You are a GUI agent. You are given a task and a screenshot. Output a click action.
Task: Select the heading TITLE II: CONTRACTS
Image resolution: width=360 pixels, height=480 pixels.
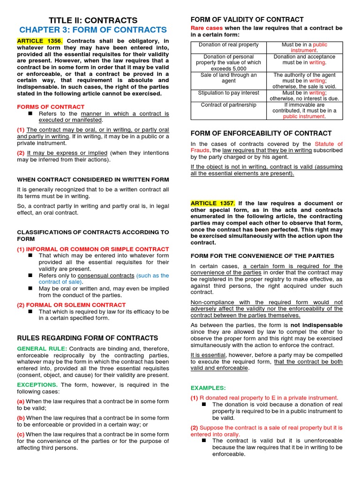[94, 20]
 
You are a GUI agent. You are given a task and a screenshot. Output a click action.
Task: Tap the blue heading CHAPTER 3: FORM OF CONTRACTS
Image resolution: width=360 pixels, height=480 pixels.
[93, 30]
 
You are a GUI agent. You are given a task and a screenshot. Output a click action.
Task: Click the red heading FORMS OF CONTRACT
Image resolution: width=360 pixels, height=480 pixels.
[51, 107]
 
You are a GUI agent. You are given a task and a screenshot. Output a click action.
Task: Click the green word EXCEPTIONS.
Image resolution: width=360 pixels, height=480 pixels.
[37, 385]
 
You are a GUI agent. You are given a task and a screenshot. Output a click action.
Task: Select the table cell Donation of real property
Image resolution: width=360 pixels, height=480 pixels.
[229, 45]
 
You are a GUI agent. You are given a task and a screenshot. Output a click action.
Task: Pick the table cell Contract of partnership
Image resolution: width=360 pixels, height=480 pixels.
[229, 105]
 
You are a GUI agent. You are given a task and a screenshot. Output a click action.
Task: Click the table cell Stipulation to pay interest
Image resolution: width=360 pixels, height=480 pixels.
[229, 93]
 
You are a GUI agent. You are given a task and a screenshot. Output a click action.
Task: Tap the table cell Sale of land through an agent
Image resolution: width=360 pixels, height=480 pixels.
[229, 78]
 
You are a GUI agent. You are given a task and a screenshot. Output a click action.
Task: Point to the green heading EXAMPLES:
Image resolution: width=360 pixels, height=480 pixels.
[208, 388]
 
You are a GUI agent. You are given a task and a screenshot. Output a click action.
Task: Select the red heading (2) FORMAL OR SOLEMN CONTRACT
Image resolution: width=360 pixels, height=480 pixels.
[65, 305]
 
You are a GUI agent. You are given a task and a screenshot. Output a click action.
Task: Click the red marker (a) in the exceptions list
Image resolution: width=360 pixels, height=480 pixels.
[21, 402]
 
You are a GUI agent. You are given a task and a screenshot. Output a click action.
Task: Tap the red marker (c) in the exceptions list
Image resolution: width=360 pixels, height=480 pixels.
[21, 435]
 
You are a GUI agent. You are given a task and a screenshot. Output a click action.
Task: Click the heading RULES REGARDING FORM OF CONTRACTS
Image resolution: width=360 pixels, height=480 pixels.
[88, 338]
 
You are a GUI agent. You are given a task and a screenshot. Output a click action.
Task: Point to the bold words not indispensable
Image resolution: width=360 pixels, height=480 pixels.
[316, 325]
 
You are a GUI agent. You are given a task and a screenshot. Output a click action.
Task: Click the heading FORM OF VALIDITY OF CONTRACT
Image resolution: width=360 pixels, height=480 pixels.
[247, 20]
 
